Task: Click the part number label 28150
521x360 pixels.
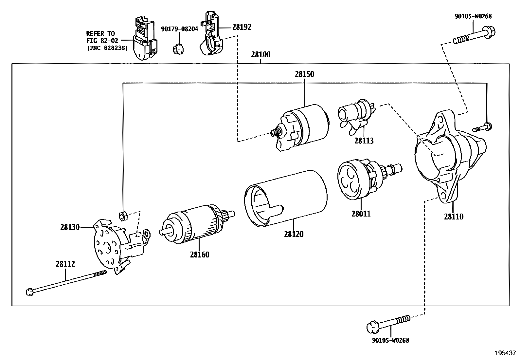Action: (304, 74)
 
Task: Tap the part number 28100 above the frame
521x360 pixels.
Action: (260, 55)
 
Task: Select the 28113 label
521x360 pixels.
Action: (364, 141)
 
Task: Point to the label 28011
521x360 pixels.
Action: (361, 214)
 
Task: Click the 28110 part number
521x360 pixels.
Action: (454, 217)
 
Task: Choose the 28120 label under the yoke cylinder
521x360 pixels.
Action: (294, 234)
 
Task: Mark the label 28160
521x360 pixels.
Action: (199, 255)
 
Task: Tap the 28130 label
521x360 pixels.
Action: (70, 227)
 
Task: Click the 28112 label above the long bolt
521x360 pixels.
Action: (65, 264)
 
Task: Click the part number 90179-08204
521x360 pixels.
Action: (179, 29)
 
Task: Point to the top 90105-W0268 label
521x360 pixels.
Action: (473, 16)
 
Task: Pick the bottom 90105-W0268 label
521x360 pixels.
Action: (390, 340)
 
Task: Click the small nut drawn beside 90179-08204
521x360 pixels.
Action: (178, 49)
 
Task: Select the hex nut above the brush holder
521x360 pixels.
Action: (122, 216)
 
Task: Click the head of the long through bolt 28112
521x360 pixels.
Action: (29, 292)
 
